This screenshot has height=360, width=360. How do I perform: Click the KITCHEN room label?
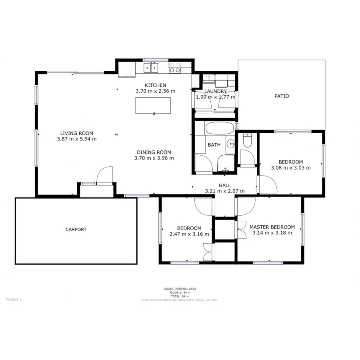pyautogui.click(x=155, y=85)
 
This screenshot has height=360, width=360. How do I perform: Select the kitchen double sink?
pyautogui.click(x=151, y=68)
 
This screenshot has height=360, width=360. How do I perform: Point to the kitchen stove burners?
pyautogui.click(x=175, y=68)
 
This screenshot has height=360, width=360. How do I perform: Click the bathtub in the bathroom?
pyautogui.click(x=220, y=129)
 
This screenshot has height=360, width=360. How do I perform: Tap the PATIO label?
pyautogui.click(x=282, y=96)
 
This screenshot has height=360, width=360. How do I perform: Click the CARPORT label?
pyautogui.click(x=76, y=230)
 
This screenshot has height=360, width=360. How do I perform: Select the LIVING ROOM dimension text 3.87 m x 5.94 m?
pyautogui.click(x=77, y=139)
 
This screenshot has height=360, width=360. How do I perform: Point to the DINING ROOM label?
pyautogui.click(x=154, y=152)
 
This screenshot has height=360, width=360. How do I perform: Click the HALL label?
pyautogui.click(x=224, y=185)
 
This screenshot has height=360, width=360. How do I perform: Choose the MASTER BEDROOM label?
pyautogui.click(x=272, y=227)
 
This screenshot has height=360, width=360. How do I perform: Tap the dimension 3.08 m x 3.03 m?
pyautogui.click(x=291, y=168)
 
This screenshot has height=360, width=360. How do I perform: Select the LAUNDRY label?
pyautogui.click(x=215, y=91)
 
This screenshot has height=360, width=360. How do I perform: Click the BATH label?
pyautogui.click(x=214, y=145)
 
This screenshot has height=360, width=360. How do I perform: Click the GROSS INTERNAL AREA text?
pyautogui.click(x=180, y=289)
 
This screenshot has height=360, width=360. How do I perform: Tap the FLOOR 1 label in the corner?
pyautogui.click(x=14, y=300)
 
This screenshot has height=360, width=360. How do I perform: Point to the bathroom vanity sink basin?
pyautogui.click(x=230, y=144)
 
